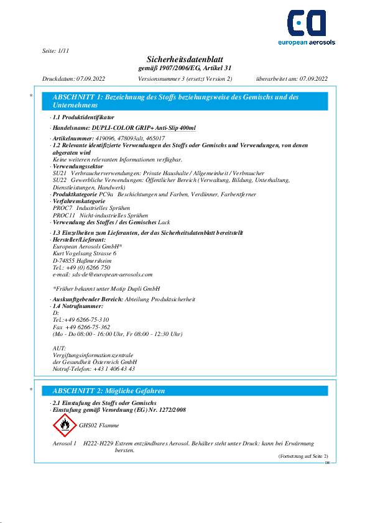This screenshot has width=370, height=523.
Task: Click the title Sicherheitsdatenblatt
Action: point(184,58)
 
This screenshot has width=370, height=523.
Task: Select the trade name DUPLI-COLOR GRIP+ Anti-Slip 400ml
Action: point(143,128)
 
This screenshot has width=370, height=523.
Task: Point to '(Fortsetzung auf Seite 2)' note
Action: point(302,456)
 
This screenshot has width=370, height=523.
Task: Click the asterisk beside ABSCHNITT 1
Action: point(30,96)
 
